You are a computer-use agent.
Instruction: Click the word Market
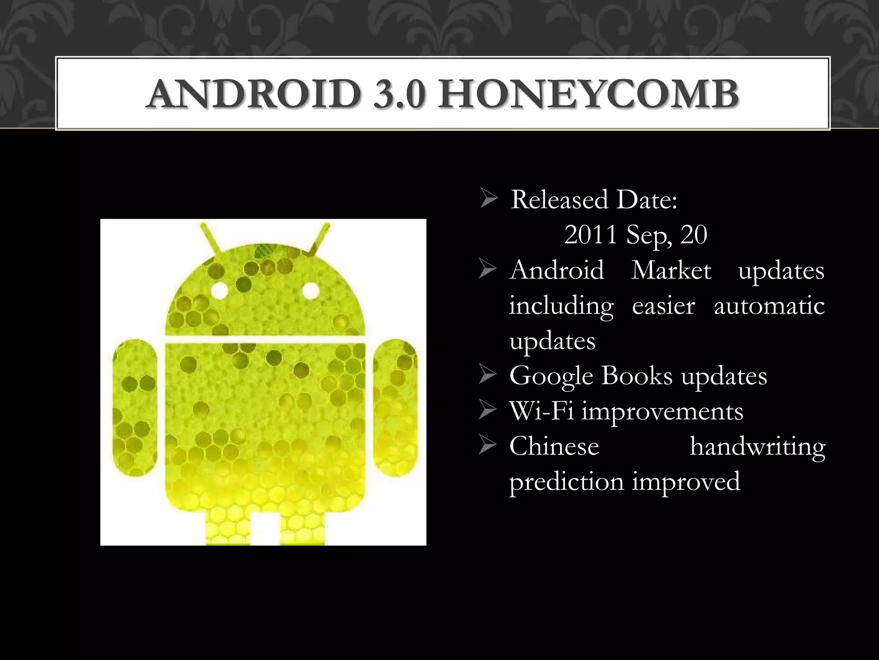click(x=671, y=270)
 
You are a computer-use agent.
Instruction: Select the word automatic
click(x=769, y=306)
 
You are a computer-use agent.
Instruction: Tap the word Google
click(x=551, y=376)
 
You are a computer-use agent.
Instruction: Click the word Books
click(x=637, y=376)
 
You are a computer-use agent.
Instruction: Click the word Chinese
click(x=554, y=446)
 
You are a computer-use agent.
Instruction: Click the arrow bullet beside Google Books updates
click(x=488, y=376)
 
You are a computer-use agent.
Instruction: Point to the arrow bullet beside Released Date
click(x=489, y=200)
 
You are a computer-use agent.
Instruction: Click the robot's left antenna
click(x=209, y=237)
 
